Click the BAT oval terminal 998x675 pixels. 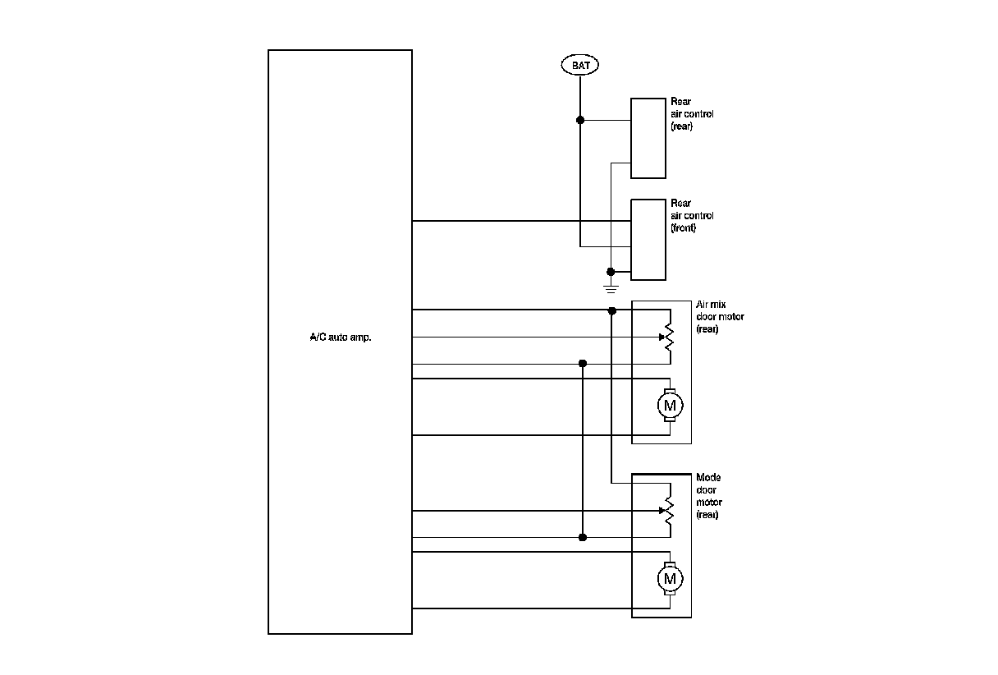click(580, 65)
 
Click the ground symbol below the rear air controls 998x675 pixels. click(611, 287)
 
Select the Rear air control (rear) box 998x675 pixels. click(648, 138)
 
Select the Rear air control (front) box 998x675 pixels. click(648, 239)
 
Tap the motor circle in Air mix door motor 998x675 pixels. click(670, 405)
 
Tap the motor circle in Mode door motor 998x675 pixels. click(670, 579)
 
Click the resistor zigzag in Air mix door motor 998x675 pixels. click(670, 337)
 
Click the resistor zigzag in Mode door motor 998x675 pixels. click(670, 510)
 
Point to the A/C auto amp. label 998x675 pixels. click(340, 337)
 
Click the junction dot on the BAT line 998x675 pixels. click(580, 120)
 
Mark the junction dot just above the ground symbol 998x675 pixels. click(611, 272)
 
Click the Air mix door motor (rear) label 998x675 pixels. click(720, 316)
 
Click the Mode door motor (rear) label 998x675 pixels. click(708, 496)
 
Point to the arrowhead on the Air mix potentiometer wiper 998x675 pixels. click(662, 337)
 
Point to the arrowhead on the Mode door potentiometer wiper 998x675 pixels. click(662, 510)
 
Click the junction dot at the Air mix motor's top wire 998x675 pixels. click(612, 310)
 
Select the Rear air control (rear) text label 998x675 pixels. click(691, 114)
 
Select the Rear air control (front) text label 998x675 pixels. click(691, 215)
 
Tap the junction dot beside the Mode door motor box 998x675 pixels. click(583, 538)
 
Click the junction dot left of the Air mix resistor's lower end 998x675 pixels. click(583, 363)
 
